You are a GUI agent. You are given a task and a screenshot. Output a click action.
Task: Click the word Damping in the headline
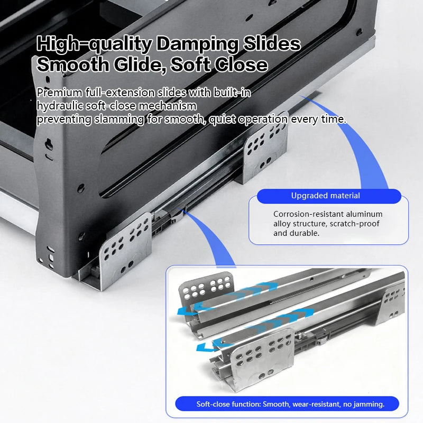pos(197,44)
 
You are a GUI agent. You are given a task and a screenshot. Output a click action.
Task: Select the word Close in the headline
pos(242,65)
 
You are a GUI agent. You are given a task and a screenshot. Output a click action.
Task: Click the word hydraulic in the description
pos(60,106)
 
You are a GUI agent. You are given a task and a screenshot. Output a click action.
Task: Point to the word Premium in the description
pos(60,93)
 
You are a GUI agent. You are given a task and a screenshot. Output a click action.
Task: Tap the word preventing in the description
pos(64,119)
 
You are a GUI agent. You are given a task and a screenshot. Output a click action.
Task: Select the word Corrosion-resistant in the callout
pos(308,214)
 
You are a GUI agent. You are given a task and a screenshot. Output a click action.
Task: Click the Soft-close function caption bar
pos(287,404)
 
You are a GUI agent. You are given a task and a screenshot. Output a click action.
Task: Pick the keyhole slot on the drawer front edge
pos(49,144)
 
